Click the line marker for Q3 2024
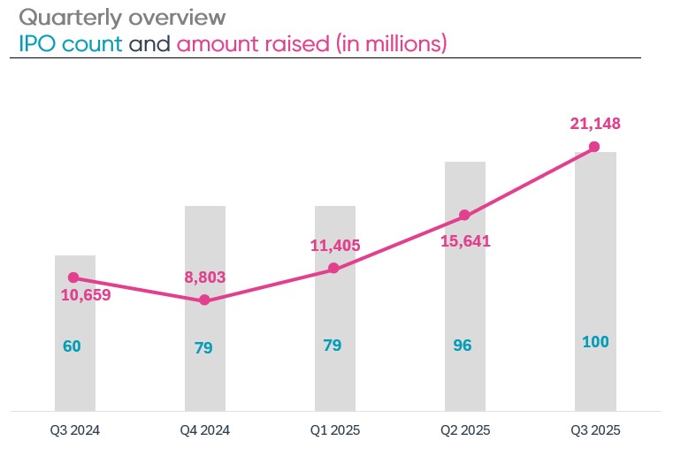(73, 277)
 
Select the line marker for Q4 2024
(204, 300)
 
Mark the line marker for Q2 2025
(464, 216)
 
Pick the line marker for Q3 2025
(594, 147)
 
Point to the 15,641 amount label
(464, 240)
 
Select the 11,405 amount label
(335, 246)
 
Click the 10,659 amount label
(86, 295)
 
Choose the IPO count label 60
(72, 346)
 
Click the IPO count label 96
(462, 346)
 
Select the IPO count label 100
(595, 342)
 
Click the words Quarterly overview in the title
(122, 17)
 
